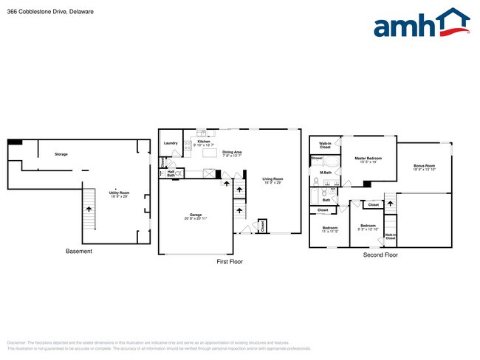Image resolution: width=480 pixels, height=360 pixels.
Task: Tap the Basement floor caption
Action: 79,252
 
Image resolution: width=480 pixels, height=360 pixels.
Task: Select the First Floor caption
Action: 229,262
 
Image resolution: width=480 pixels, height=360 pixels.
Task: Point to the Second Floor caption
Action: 380,255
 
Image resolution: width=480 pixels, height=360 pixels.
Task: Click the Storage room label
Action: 61,154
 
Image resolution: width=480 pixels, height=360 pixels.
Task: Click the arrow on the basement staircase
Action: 89,209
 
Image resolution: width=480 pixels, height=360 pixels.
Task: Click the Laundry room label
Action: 171,143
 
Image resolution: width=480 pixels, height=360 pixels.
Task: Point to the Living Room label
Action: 273,179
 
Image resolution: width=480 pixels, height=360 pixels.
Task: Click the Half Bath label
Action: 171,173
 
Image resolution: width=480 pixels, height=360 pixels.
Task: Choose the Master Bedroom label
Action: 368,159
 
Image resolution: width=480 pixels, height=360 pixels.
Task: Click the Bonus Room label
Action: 424,167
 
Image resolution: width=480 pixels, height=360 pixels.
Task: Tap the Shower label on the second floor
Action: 317,158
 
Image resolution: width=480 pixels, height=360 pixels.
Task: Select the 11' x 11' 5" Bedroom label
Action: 329,229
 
